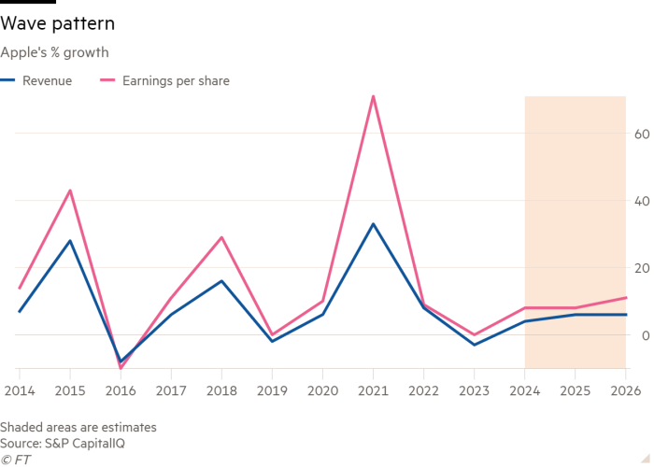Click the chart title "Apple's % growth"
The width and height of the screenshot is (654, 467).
tap(55, 53)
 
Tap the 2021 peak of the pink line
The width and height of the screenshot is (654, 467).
tap(373, 96)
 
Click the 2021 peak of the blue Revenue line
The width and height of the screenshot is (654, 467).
tap(373, 224)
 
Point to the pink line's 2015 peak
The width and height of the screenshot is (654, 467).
tap(70, 191)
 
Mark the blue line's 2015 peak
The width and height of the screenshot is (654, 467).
tap(70, 240)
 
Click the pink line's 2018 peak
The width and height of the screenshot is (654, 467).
tap(221, 237)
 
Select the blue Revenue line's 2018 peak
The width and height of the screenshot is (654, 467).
tap(221, 280)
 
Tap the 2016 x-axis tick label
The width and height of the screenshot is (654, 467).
tap(121, 388)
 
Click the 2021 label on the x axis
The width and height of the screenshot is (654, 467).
tap(373, 388)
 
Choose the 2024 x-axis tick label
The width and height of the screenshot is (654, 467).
tap(524, 388)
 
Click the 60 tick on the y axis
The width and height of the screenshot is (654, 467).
tap(641, 134)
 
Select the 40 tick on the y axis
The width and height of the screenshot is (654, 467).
tap(641, 201)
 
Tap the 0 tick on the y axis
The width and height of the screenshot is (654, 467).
tap(644, 334)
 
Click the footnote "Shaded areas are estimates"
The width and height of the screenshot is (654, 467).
tap(78, 427)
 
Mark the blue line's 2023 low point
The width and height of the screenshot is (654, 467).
tap(474, 345)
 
